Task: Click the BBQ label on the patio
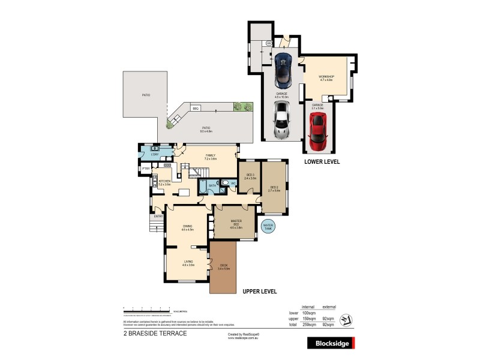point(196,108)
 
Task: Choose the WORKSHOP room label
point(326,78)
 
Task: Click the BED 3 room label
point(250,176)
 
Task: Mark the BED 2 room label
point(274,188)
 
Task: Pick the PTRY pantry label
point(146,169)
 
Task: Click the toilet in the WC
point(224,184)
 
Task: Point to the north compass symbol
point(346,319)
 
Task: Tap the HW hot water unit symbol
point(269,43)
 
